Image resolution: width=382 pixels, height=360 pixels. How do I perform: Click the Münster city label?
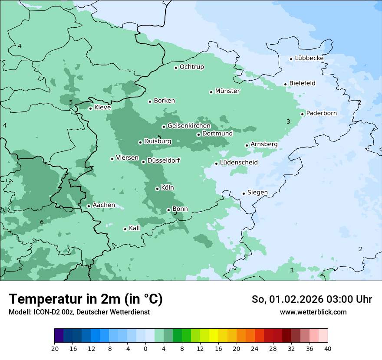227,91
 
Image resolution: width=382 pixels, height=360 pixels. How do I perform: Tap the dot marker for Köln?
157,189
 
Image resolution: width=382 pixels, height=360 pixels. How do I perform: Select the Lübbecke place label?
309,58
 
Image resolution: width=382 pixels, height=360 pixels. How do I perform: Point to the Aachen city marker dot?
89,206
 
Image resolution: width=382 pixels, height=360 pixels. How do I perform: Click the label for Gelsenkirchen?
189,126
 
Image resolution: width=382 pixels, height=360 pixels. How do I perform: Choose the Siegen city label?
257,193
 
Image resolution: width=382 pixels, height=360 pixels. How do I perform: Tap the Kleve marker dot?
90,108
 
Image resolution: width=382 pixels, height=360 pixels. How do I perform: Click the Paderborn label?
321,113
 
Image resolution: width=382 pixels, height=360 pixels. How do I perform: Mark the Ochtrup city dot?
176,67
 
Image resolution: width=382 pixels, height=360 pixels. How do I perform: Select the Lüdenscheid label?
239,163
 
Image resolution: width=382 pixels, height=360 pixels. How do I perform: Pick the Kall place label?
135,228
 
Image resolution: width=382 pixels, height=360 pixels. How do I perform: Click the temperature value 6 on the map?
42,223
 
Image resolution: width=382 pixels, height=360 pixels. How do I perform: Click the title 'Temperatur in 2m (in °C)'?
86,299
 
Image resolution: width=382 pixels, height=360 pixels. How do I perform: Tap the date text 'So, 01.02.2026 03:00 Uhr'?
312,299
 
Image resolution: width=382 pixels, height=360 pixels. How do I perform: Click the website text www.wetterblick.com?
313,312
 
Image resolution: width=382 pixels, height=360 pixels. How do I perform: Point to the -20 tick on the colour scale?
54,348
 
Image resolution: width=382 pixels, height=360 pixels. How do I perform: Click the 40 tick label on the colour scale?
327,348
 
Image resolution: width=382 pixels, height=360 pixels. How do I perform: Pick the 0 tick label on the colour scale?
145,348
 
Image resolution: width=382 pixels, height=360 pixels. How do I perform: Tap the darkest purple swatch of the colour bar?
59,336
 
